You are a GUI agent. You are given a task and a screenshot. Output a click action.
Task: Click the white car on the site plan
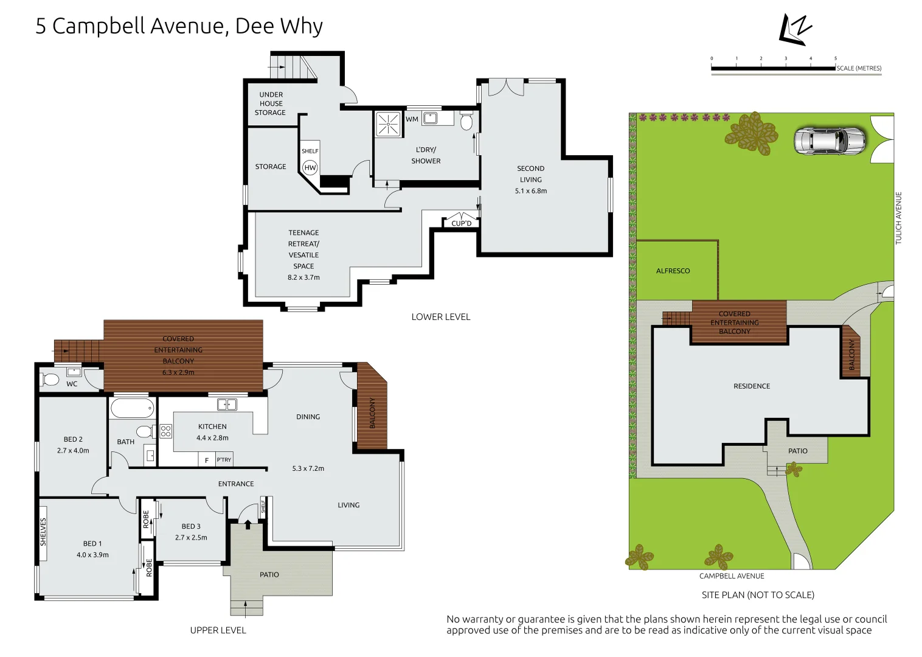point(830,141)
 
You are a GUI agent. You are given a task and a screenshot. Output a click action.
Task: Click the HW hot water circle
point(310,167)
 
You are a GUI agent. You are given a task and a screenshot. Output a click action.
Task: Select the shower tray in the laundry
point(388,123)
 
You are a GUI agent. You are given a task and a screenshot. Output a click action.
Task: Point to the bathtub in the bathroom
point(132,408)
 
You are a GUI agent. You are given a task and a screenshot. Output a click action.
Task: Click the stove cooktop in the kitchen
point(165,431)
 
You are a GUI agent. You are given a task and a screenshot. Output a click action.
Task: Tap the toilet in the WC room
point(49,379)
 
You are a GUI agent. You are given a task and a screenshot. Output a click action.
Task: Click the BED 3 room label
point(191,526)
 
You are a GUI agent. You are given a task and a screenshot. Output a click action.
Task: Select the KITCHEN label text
point(212,426)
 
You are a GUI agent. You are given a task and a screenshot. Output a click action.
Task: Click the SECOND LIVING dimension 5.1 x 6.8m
point(531,190)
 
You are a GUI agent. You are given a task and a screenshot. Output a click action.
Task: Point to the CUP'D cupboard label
point(462,223)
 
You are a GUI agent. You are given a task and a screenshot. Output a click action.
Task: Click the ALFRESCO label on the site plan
point(673,271)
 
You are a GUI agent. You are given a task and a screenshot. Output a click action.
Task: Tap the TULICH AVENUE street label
point(898,218)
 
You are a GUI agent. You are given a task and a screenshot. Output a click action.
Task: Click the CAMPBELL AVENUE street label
point(732,576)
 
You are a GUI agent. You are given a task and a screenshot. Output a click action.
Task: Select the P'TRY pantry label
point(224,460)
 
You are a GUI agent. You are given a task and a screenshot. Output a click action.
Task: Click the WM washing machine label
point(412,119)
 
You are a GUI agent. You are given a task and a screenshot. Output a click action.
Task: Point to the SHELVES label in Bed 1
point(43,532)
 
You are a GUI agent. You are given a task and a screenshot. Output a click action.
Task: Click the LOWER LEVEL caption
point(441,317)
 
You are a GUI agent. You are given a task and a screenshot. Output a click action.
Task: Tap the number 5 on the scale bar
point(836,58)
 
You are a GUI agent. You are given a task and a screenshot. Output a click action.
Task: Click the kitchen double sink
point(227,405)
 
